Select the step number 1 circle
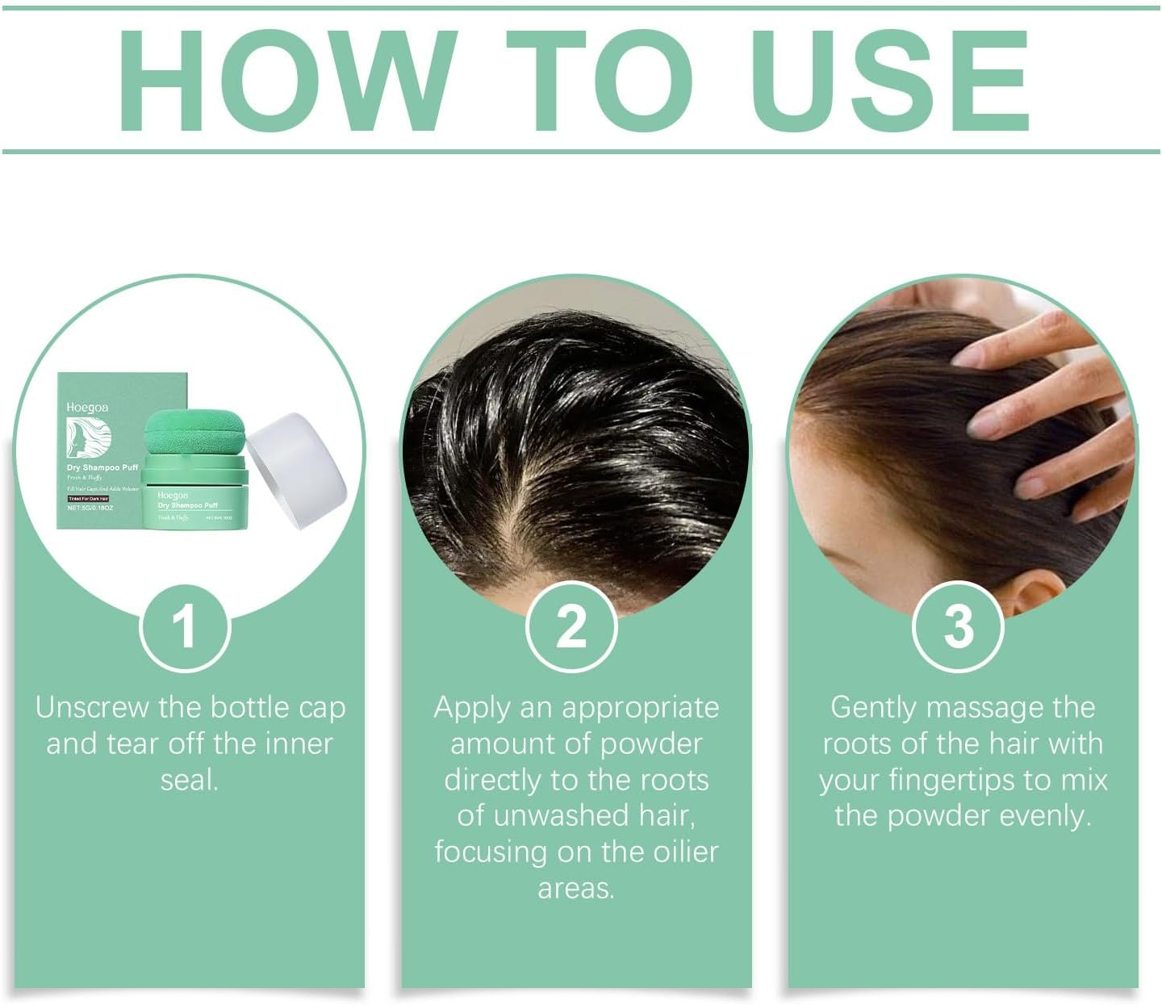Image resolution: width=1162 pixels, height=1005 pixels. (x=185, y=627)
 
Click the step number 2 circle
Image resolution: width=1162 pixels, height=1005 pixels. (x=571, y=627)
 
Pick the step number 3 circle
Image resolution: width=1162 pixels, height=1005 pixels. (x=958, y=627)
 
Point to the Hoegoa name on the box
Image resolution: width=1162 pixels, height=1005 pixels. (x=87, y=408)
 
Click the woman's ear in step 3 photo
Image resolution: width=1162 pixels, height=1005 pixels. (x=1035, y=593)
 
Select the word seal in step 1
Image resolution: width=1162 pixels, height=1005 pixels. (x=189, y=781)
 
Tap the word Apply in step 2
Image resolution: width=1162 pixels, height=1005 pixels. (x=472, y=708)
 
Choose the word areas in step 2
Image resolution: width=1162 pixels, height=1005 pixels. (x=575, y=889)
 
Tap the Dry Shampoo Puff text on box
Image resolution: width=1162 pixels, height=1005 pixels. (x=102, y=467)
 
